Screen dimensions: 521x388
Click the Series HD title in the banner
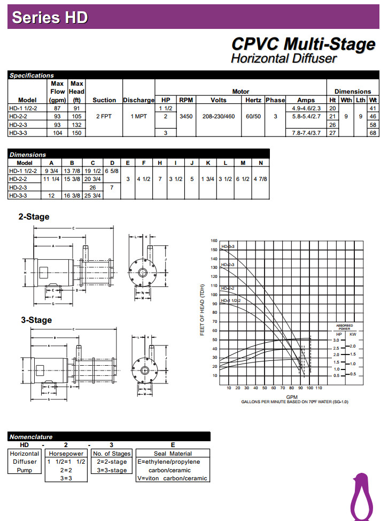point(50,17)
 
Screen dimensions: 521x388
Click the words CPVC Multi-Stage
point(303,44)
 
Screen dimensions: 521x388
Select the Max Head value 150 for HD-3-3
point(77,133)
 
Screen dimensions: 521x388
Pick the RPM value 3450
point(186,116)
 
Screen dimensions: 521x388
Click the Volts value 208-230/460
point(219,116)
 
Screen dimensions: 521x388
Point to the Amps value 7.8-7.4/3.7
point(306,133)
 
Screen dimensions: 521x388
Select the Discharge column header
point(138,100)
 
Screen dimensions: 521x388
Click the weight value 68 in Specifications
point(373,133)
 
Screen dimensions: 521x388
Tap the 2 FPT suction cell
point(104,116)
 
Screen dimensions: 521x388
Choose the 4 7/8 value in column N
point(261,179)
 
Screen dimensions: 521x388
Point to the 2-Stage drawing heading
point(34,217)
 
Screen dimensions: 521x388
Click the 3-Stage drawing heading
point(36,320)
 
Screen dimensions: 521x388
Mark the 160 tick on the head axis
point(214,241)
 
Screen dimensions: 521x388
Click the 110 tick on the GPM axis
point(319,388)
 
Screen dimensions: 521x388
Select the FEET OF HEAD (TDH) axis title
point(203,311)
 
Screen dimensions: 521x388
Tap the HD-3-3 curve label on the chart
point(228,246)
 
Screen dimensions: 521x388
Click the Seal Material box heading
point(173,454)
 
